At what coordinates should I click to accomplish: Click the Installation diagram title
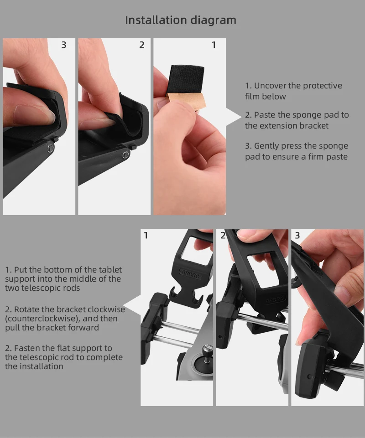point(181,20)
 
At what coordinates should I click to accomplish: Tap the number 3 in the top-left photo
point(64,45)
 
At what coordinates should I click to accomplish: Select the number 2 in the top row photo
point(142,45)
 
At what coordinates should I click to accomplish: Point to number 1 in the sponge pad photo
point(214,45)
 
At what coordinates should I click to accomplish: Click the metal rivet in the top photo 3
point(50,148)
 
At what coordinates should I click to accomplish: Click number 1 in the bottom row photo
point(146,235)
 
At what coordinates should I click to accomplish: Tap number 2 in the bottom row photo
point(223,235)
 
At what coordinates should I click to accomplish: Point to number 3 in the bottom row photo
point(297,235)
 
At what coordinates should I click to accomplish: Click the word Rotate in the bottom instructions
point(27,309)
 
